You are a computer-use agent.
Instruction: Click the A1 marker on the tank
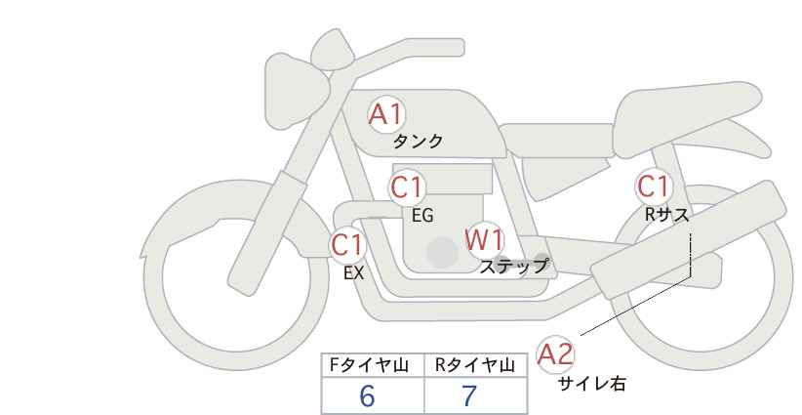tap(386, 114)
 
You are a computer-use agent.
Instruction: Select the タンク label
tap(418, 142)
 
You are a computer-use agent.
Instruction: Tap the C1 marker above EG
tap(407, 187)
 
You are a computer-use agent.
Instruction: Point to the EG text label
tap(422, 216)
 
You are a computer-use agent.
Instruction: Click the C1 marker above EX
tap(347, 244)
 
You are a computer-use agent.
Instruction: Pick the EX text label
tap(354, 273)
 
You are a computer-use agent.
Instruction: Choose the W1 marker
tap(485, 239)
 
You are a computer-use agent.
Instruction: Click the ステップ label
tap(513, 267)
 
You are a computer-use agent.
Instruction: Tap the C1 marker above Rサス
tap(653, 187)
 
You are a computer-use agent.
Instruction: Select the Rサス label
tap(666, 215)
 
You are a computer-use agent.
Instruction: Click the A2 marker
tap(555, 353)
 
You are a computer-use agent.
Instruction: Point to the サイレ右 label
tap(592, 384)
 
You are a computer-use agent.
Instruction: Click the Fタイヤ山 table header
tap(369, 365)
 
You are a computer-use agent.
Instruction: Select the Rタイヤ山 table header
tap(475, 365)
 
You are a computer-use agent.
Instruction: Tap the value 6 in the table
tap(367, 395)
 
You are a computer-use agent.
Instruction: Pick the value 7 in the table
tap(469, 395)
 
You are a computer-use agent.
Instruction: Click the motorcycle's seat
tap(685, 119)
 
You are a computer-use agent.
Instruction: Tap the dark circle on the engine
tap(442, 252)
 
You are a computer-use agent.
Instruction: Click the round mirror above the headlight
tap(332, 50)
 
